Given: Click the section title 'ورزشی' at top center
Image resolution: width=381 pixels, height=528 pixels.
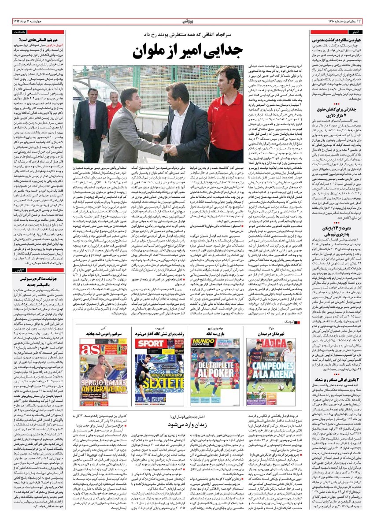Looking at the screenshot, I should tap(190, 20).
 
